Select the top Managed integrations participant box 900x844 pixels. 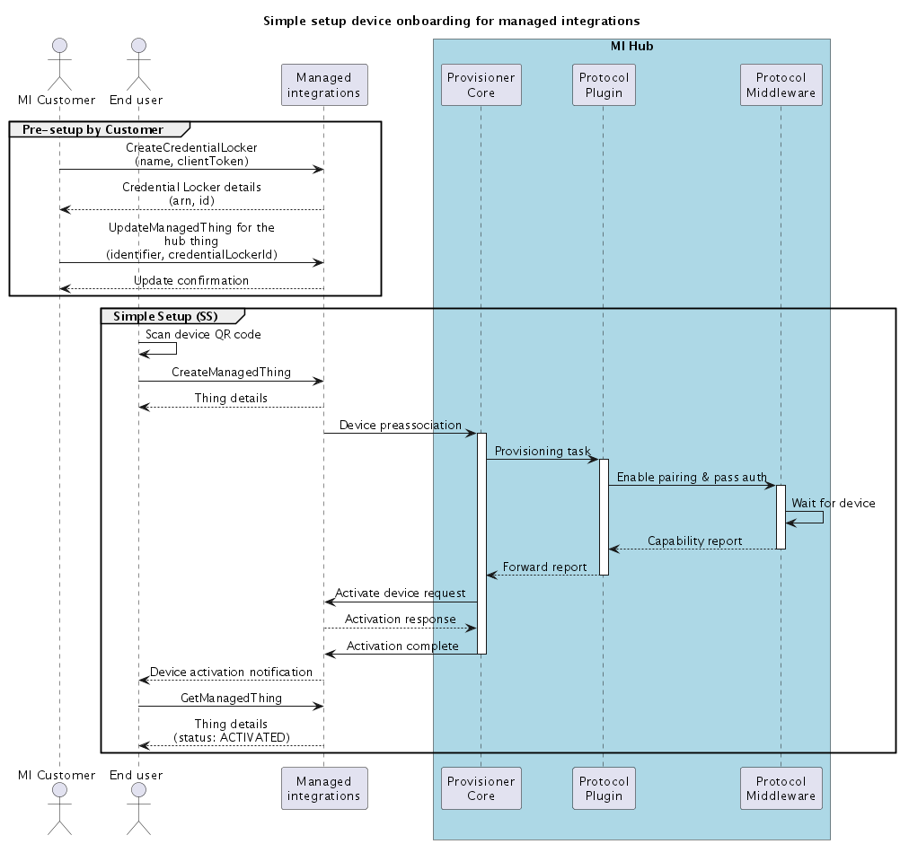[323, 85]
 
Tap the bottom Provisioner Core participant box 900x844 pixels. [481, 788]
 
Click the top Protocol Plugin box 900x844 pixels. [603, 85]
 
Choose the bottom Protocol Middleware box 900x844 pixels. [781, 788]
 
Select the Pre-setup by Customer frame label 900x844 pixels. [93, 129]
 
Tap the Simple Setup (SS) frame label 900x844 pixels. [165, 316]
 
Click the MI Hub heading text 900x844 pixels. [631, 46]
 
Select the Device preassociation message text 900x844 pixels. [400, 425]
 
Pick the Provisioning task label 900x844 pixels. [543, 451]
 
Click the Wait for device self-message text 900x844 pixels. [833, 503]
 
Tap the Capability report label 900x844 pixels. [694, 541]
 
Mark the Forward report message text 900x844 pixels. [544, 567]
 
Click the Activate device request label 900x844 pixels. [400, 593]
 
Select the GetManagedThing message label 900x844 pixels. [231, 698]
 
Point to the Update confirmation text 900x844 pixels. [191, 280]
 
